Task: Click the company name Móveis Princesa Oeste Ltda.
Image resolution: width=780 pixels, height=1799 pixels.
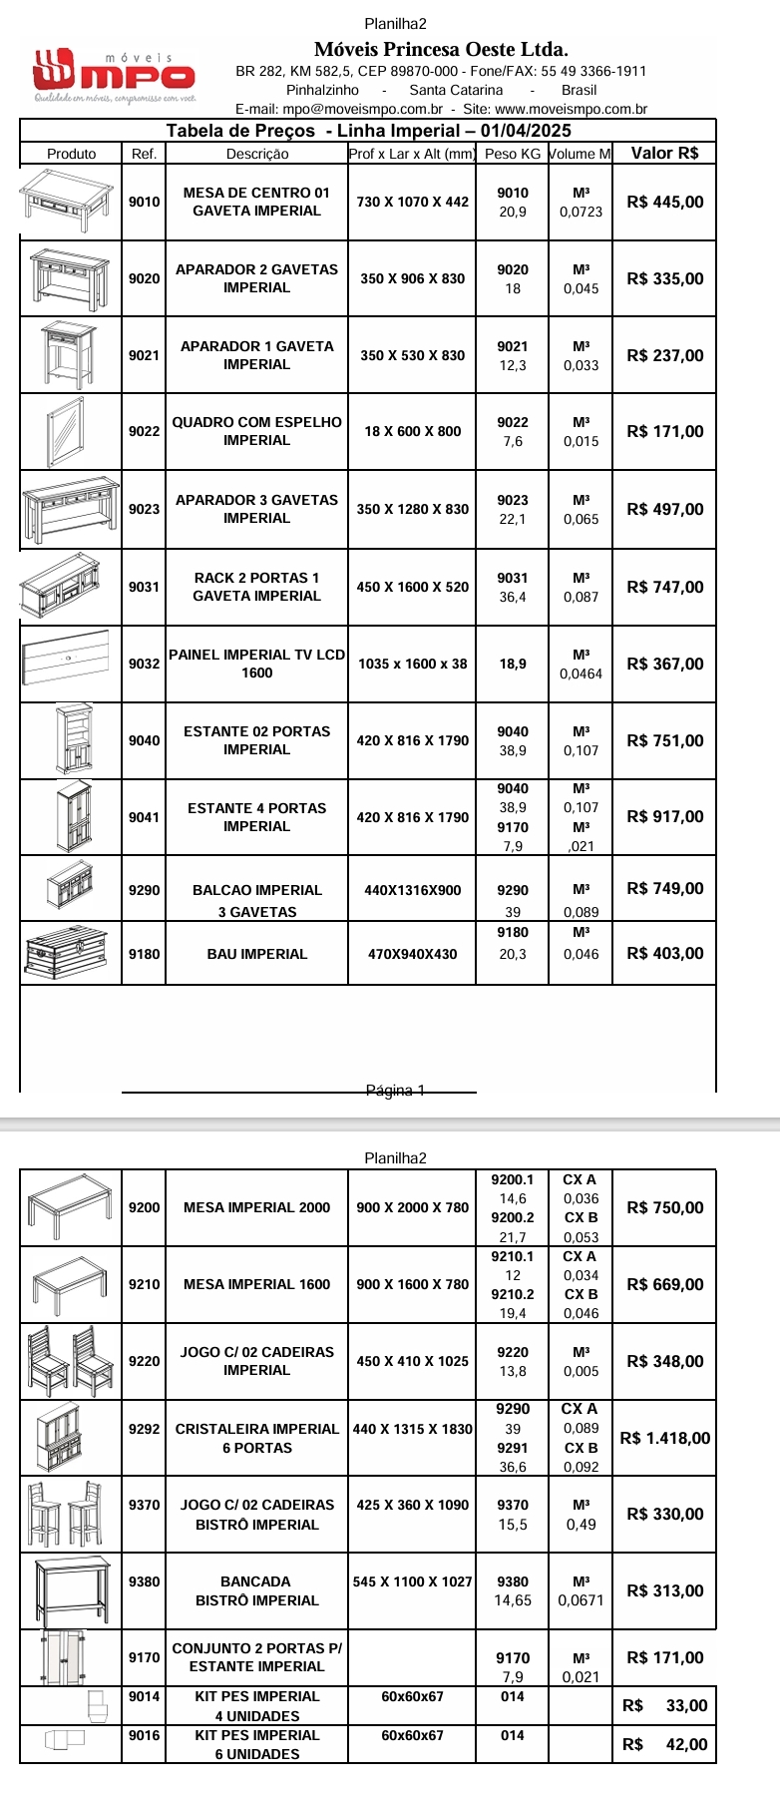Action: click(441, 49)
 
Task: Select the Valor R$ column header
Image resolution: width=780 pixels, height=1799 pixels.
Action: click(664, 154)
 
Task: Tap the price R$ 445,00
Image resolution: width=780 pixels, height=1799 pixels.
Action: click(664, 202)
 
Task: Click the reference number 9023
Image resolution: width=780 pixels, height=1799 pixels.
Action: click(144, 509)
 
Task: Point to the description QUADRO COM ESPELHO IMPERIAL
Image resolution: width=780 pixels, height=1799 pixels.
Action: click(256, 431)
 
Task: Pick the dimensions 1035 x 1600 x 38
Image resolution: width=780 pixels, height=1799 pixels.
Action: click(412, 664)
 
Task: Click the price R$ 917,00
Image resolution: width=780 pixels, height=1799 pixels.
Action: click(664, 816)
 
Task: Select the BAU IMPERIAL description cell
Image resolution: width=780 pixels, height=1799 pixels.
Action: click(256, 954)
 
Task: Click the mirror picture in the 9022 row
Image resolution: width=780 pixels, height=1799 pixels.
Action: click(67, 431)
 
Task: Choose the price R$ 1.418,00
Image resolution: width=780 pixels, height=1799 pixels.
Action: click(664, 1438)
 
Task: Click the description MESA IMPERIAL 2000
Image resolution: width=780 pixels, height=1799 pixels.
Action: click(256, 1207)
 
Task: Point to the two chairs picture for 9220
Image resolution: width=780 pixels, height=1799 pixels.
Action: click(70, 1361)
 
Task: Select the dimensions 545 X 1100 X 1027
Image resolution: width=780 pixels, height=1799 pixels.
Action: click(412, 1581)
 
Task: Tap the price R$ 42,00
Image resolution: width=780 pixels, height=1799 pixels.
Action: click(664, 1744)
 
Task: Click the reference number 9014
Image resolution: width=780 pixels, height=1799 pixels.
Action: click(144, 1696)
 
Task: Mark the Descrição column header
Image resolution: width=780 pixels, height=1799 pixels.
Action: click(256, 154)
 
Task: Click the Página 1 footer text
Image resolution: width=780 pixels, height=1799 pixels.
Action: click(395, 1091)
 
